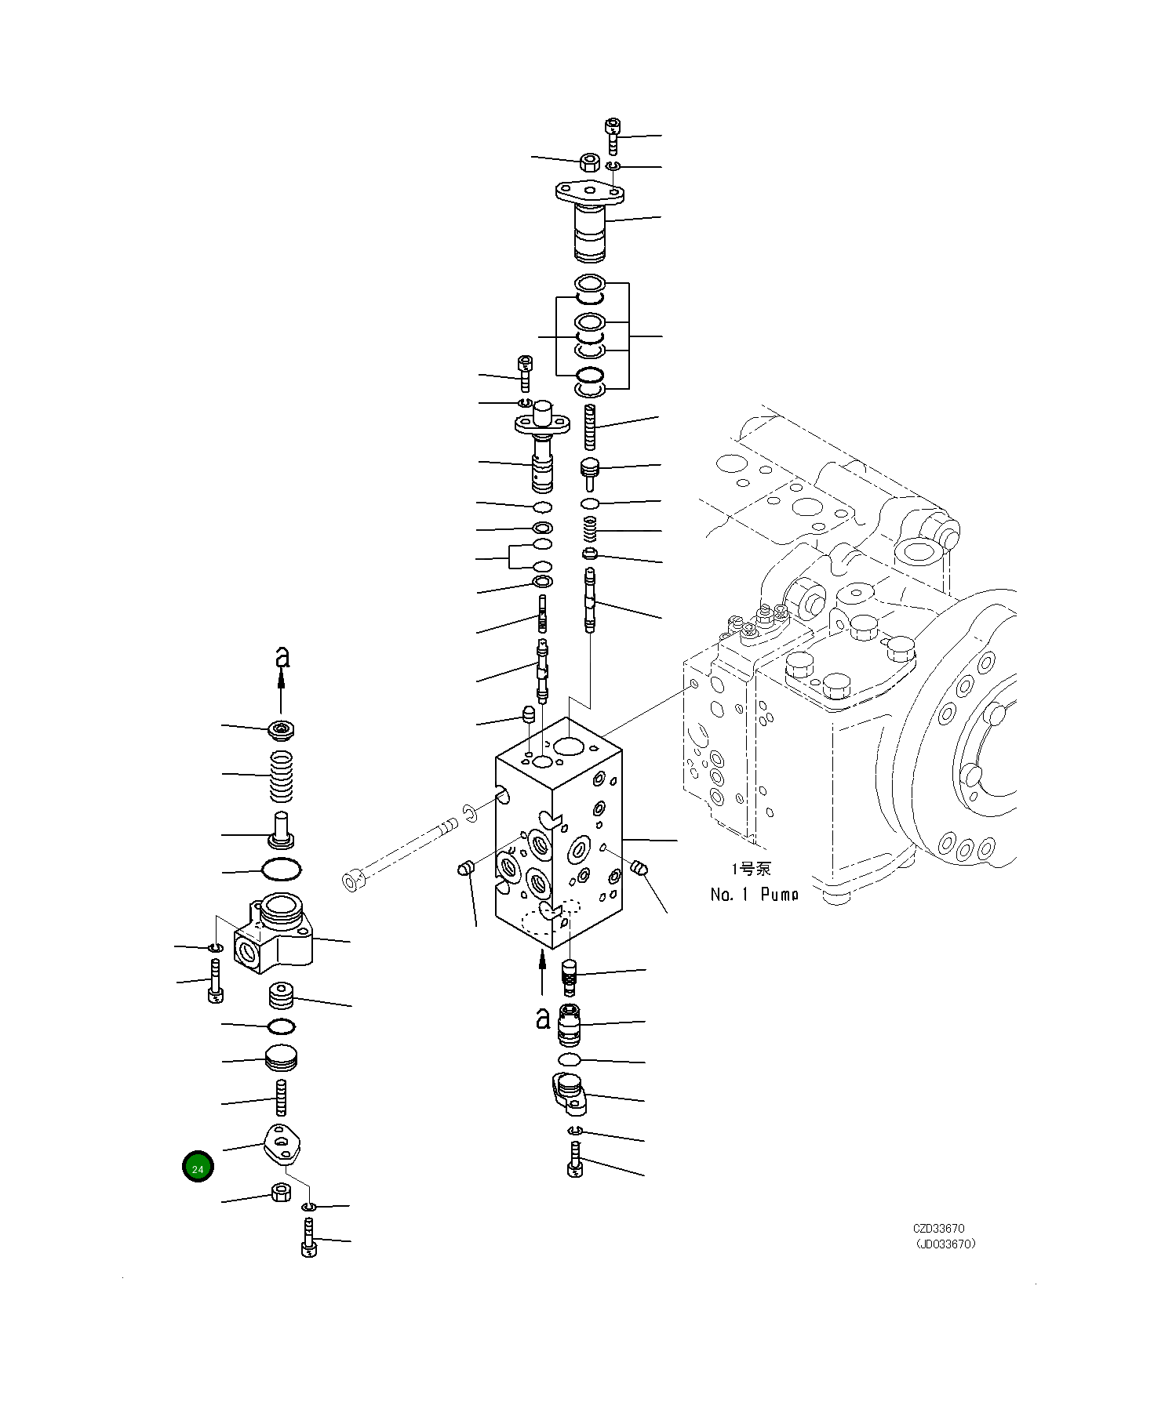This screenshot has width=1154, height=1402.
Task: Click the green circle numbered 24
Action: [198, 1168]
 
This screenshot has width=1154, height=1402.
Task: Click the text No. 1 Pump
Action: [754, 894]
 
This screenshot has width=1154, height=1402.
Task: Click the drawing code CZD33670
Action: [938, 1229]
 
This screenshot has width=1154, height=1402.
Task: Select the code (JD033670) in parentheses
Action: [945, 1244]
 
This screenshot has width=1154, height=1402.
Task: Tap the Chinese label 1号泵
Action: [751, 869]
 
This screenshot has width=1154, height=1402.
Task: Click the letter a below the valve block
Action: [543, 1018]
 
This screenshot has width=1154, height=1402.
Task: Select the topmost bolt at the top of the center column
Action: [613, 135]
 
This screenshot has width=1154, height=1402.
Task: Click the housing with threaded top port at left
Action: [275, 937]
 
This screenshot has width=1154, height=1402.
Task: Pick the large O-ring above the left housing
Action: [281, 870]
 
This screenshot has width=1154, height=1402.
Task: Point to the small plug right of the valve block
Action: [639, 867]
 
